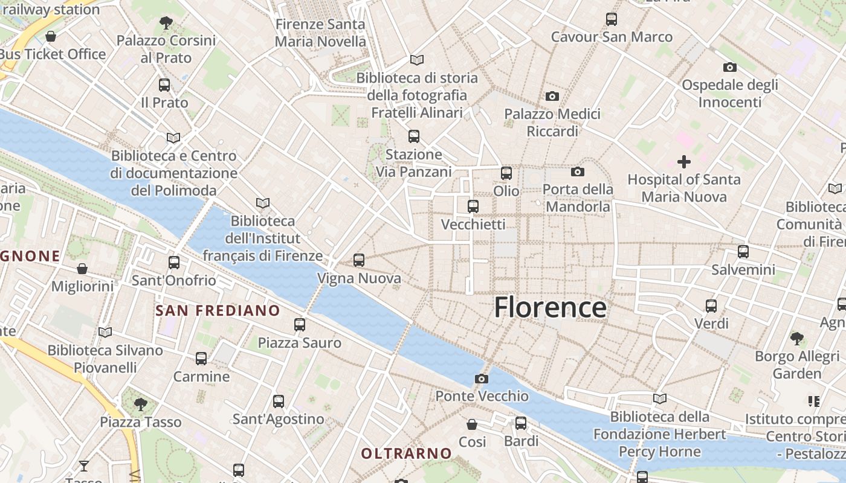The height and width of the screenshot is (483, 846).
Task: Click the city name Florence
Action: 551,307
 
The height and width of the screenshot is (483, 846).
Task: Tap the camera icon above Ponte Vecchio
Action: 482,379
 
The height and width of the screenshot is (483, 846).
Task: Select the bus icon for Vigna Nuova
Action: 359,260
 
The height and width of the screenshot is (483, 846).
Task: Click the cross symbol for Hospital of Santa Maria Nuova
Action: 684,162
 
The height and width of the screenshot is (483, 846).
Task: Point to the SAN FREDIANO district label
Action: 218,311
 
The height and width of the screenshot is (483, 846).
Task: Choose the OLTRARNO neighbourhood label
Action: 406,453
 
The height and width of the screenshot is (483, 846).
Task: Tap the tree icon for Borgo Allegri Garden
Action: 797,338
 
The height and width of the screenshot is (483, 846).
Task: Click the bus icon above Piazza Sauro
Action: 300,325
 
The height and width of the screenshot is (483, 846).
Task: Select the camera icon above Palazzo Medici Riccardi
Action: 552,97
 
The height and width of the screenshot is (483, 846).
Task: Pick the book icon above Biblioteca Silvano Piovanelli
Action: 105,332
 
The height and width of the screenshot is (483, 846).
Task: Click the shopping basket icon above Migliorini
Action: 82,268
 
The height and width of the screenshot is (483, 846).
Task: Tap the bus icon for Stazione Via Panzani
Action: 414,136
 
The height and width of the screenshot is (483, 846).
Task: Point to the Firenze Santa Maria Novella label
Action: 320,33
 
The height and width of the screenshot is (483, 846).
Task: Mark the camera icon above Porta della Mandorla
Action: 578,172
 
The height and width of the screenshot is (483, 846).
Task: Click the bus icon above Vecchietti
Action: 473,206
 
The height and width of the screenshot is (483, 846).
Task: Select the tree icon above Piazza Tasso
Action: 141,404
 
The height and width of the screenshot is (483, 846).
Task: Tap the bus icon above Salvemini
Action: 743,252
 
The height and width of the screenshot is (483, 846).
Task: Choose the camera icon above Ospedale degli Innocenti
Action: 730,68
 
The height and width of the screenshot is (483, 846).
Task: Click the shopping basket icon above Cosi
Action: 472,424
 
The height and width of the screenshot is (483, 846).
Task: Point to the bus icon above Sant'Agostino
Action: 279,401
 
